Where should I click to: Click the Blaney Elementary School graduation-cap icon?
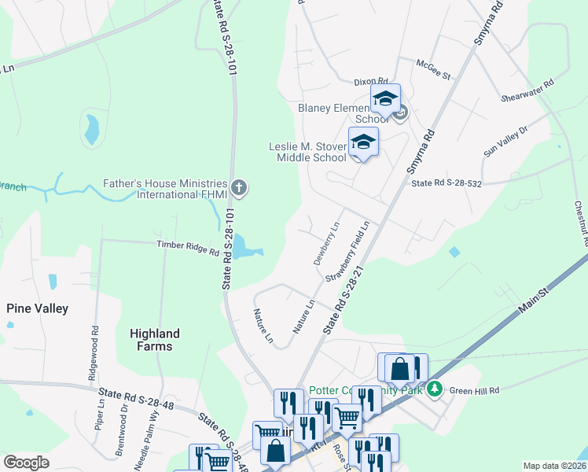(x=385, y=100)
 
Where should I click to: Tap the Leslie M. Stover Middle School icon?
(x=363, y=143)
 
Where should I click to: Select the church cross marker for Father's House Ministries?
(x=240, y=188)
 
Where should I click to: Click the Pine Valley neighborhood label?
(x=38, y=308)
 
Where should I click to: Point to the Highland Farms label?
(x=155, y=340)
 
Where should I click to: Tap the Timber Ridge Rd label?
(x=188, y=248)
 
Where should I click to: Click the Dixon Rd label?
(x=372, y=81)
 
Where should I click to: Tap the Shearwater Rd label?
(x=527, y=90)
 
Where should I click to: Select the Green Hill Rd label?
(x=474, y=387)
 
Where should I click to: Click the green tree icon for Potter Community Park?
(x=434, y=388)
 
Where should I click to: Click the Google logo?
(x=27, y=463)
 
